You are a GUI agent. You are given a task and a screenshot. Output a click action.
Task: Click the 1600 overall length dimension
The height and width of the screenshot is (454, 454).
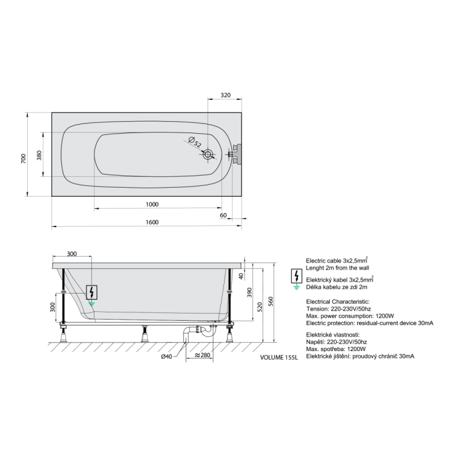tap(152, 222)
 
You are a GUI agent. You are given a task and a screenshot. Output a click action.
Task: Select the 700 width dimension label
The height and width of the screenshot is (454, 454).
tap(24, 159)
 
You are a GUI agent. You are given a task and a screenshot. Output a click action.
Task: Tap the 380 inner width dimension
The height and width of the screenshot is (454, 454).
tap(39, 155)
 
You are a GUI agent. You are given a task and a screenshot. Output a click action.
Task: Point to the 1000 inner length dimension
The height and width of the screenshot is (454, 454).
tap(152, 205)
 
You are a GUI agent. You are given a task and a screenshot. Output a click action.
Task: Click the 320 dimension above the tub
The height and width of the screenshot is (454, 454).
tap(226, 95)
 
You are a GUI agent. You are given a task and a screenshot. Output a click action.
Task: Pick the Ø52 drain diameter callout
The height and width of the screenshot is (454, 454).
tap(195, 142)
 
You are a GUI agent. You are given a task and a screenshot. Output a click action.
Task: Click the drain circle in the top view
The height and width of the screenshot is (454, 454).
tap(208, 154)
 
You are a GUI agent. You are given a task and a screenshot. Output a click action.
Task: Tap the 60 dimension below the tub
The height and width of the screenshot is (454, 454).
tap(223, 215)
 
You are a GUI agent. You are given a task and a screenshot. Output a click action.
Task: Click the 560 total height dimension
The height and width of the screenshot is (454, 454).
tap(271, 301)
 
